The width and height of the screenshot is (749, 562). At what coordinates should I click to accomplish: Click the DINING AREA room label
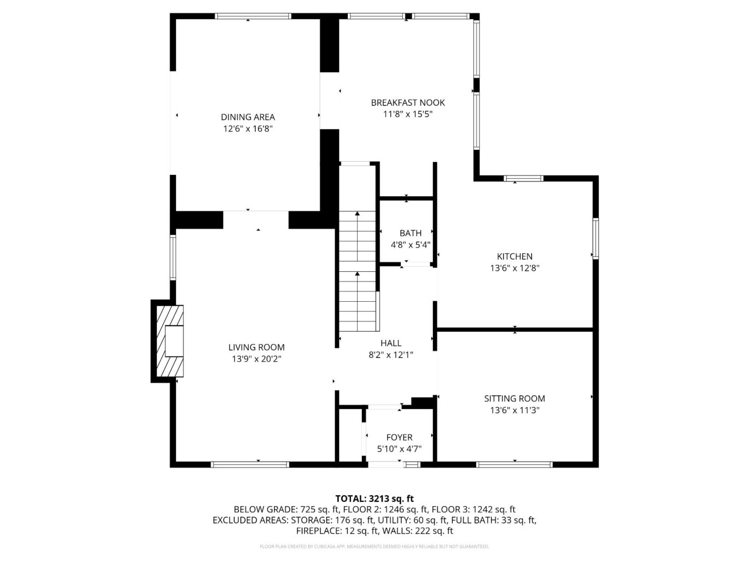pos(248,117)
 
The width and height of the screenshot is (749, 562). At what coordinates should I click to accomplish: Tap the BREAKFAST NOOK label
pos(407,103)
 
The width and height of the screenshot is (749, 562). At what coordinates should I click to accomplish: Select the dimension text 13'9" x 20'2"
pos(256,359)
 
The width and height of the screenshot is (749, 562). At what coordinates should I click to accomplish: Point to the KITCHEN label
pos(514,256)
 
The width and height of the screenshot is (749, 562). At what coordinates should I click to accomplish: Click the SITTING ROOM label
pos(514,399)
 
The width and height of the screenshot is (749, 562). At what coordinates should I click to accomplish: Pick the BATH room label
pos(410,233)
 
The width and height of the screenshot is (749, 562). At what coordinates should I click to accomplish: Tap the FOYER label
pos(399,437)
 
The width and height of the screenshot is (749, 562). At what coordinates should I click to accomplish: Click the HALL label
pos(391,343)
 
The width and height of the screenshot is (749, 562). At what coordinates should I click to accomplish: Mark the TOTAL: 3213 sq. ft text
pos(374,499)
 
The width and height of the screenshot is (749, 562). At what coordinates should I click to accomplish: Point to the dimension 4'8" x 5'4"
pos(410,245)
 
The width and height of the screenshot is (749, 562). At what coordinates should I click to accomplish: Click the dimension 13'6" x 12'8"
pos(514,268)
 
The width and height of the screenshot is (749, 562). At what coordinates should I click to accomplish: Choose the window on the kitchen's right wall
pos(595,238)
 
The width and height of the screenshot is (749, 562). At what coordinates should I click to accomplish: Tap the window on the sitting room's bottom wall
pos(514,465)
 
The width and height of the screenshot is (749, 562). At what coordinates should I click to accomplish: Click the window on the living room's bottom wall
pos(250,465)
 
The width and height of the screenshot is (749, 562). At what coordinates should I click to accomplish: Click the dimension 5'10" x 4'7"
pos(399,449)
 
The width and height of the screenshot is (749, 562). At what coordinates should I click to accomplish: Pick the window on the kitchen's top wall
pos(523,178)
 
